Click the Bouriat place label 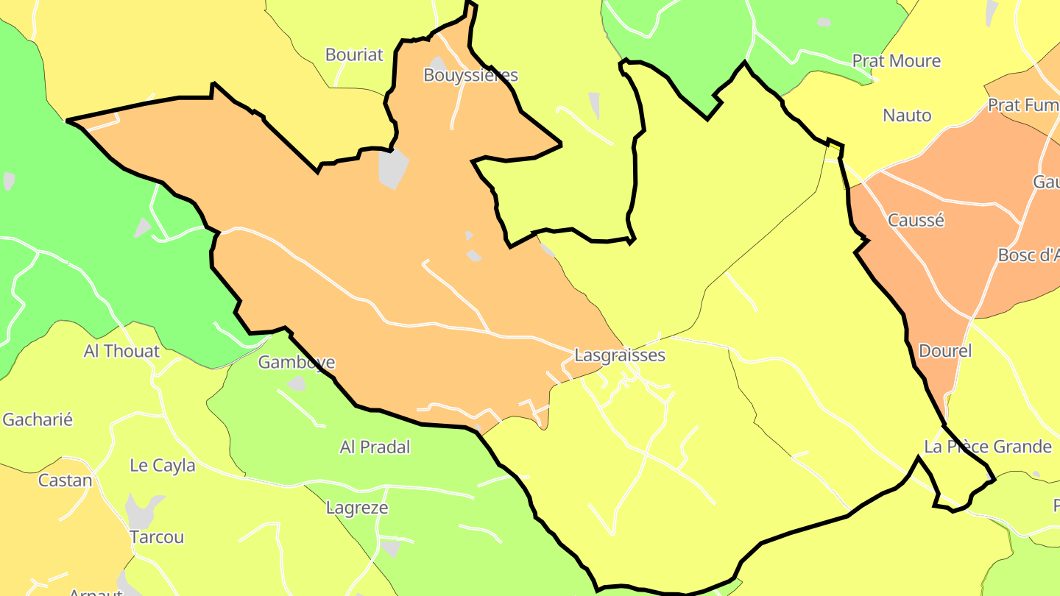(x=354, y=54)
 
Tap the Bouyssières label (x=470, y=75)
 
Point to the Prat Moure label (x=896, y=60)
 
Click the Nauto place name (x=907, y=116)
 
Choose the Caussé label (x=916, y=220)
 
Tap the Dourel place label (x=945, y=351)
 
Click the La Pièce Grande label (x=988, y=447)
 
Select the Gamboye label (x=296, y=362)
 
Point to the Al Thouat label (x=121, y=351)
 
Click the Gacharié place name (x=38, y=420)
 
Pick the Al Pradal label (x=375, y=447)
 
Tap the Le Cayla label (x=162, y=466)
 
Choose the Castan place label (x=65, y=481)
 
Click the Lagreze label (x=356, y=508)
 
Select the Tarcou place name (x=156, y=537)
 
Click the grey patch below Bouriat (x=393, y=168)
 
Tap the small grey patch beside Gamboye (x=297, y=383)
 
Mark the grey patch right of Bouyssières (x=594, y=105)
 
